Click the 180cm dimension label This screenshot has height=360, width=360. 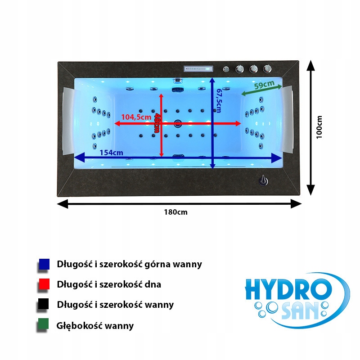[175, 212]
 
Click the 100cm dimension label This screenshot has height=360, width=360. [319, 127]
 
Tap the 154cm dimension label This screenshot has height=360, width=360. [111, 153]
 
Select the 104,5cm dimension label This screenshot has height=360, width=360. [135, 117]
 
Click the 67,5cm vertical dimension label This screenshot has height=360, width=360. [219, 100]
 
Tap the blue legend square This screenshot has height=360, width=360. [44, 264]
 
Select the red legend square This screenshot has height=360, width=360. [44, 284]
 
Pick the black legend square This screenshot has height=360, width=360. [44, 305]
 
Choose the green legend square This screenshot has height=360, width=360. [44, 325]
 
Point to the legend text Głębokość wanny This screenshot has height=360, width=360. [95, 325]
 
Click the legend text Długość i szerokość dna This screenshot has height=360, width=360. [109, 284]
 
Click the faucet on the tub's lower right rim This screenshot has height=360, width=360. [262, 181]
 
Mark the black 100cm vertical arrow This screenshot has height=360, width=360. [310, 128]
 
